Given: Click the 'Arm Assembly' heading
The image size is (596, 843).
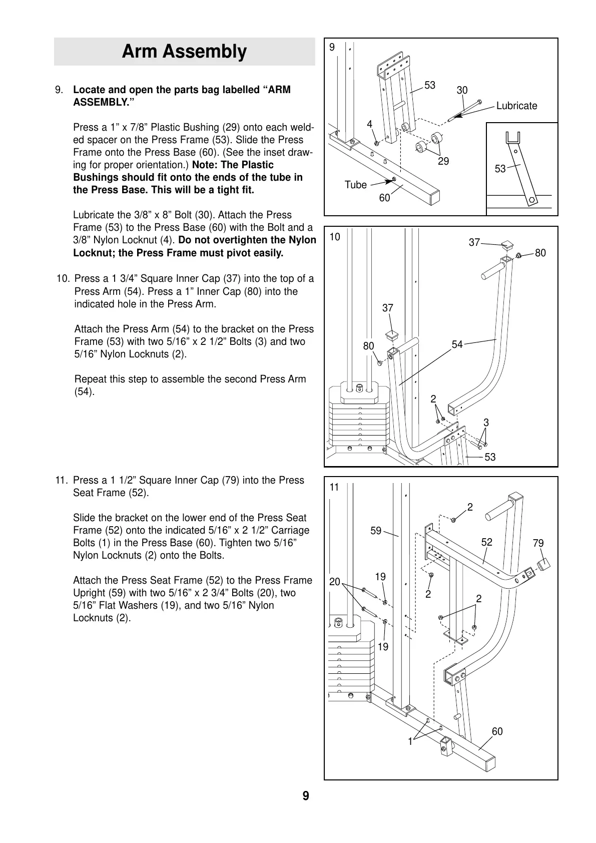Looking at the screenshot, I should pos(184,52).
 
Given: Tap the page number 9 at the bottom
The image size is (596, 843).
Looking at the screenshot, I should pos(306,796).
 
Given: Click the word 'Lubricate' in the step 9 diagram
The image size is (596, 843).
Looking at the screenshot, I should pos(516,106).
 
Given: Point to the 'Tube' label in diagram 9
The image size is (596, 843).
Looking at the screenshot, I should pos(356,185).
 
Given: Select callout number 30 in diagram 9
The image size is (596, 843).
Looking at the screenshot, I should pos(462,90).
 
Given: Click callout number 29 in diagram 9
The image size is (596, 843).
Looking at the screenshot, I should pos(443,161).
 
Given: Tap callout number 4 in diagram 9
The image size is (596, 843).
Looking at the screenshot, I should pos(369,124).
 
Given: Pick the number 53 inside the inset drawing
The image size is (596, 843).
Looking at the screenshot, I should pos(500,169).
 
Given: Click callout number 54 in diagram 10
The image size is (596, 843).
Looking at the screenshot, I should pos(457,344).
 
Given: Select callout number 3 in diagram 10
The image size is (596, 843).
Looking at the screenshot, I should pos(486,423).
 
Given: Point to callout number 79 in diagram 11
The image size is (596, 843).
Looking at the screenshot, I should pos(538,543).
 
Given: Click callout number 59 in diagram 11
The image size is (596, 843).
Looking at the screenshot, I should pos(376,531).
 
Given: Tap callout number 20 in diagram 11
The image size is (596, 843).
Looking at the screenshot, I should pos(335,582).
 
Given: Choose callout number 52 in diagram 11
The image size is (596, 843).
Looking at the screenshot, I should pos(487,542).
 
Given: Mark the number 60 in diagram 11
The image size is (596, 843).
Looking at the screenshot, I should pos(497,731).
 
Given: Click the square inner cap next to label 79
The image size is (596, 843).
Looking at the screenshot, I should pos(543,565).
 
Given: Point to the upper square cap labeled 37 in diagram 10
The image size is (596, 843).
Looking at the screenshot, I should pos(508,245).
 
